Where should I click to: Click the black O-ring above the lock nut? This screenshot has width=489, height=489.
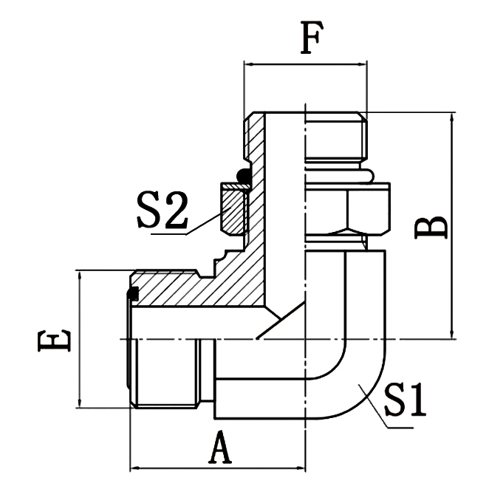point(243,176)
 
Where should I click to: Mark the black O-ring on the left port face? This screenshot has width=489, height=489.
point(133,294)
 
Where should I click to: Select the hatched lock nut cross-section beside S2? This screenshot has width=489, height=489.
point(235,210)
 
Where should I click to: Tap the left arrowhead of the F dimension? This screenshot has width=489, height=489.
point(249,65)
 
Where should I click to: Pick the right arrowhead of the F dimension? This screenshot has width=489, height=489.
point(361,65)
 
